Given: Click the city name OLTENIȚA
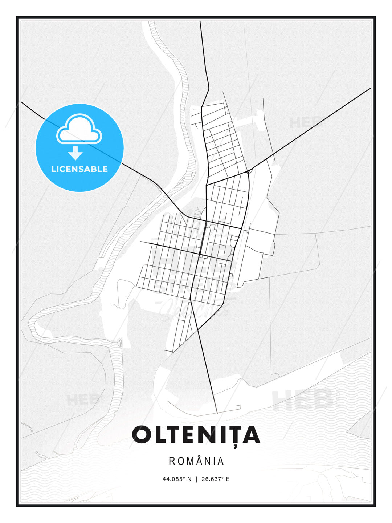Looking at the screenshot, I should (x=196, y=435).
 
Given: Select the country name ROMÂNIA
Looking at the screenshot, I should (x=196, y=461).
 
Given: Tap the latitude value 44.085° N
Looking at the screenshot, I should (x=177, y=479).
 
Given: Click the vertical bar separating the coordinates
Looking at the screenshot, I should (x=196, y=479).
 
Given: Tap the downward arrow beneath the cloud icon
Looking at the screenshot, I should (x=75, y=153).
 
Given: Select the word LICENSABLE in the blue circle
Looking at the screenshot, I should (x=79, y=169).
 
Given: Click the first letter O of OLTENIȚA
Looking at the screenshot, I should (x=142, y=435).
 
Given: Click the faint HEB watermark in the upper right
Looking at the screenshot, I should (x=305, y=123).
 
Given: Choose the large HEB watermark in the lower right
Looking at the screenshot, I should (x=303, y=400).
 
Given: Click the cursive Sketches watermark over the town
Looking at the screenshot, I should (x=196, y=309).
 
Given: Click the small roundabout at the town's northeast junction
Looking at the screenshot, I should (x=249, y=171).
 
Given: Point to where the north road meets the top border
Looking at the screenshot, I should (x=200, y=22).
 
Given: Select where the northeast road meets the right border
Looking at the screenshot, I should (x=370, y=88).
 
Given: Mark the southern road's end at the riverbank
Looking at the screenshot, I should (x=217, y=413).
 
